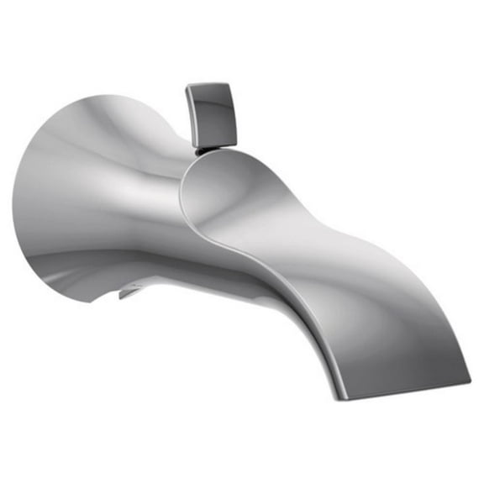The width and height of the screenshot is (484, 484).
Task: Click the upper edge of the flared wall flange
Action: point(92,99)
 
